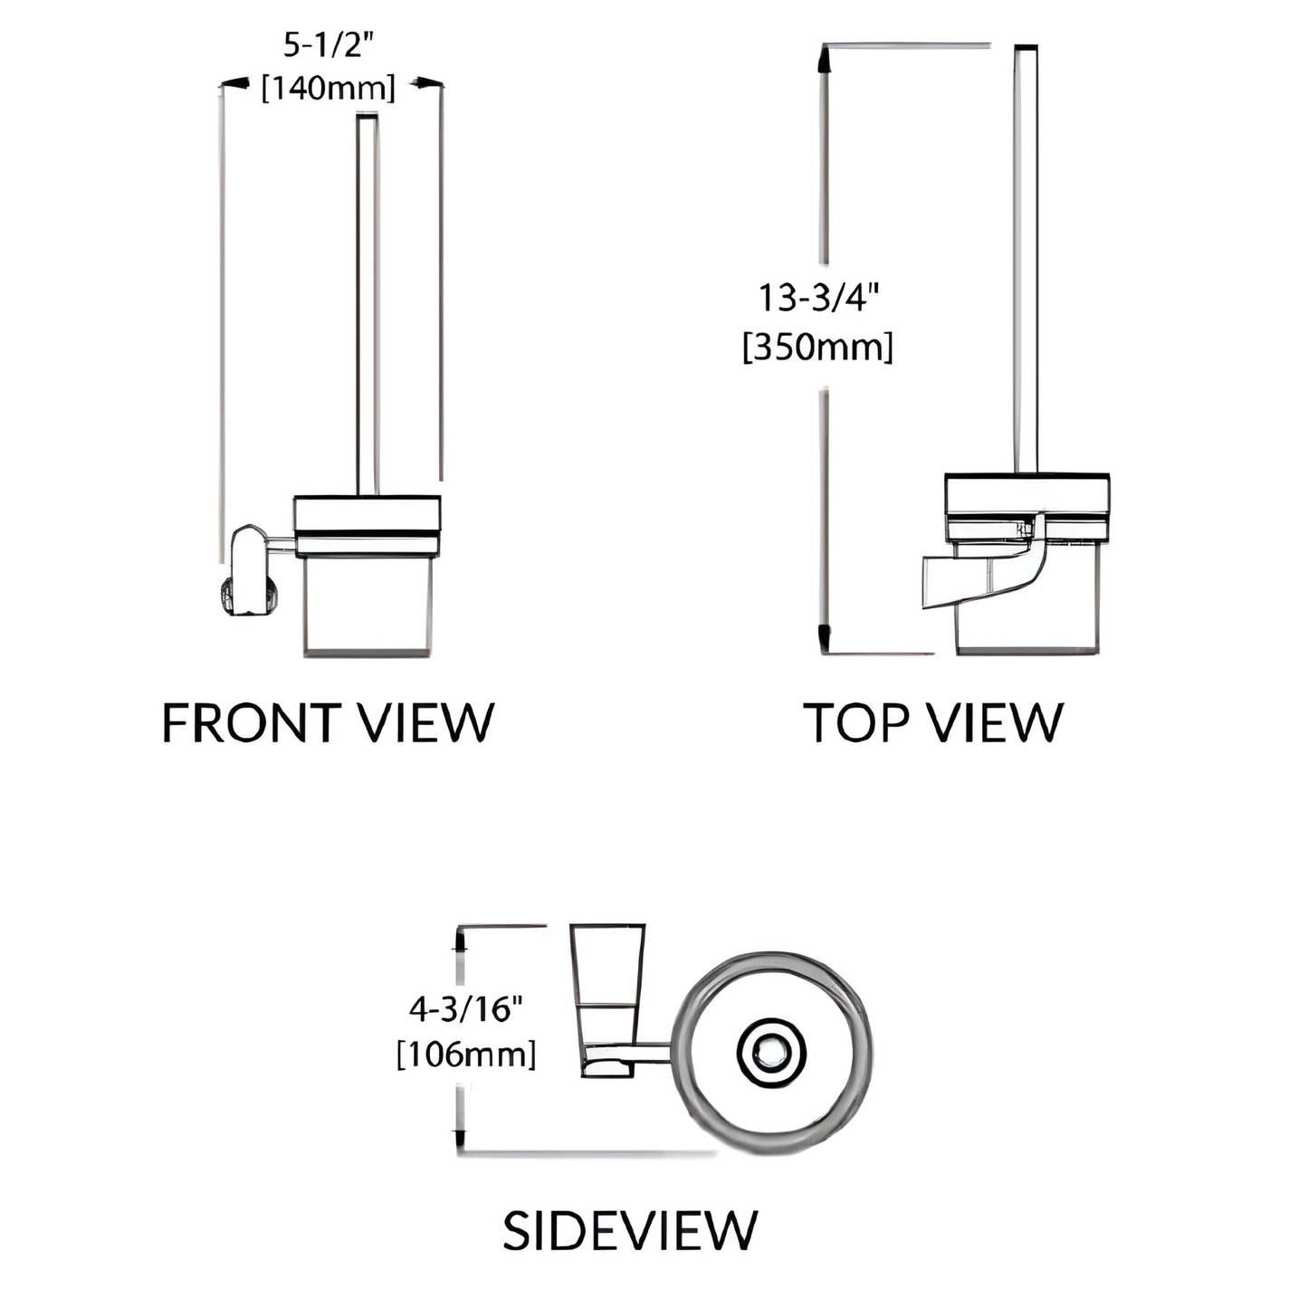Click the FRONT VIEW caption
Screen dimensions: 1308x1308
coord(328,722)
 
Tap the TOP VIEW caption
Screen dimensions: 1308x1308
coord(933,722)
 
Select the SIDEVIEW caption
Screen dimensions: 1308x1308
coord(629,1230)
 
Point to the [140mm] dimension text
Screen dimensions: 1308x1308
coord(328,88)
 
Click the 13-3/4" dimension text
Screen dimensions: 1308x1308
coord(818,297)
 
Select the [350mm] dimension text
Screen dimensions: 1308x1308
coord(817,347)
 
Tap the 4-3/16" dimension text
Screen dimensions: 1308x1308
coord(466,1008)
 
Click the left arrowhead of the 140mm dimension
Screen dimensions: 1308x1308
coord(235,84)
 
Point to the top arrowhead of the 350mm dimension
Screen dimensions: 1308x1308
coord(824,60)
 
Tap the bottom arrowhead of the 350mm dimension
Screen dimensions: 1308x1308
coord(824,637)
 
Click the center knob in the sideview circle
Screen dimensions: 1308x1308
coord(771,1052)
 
